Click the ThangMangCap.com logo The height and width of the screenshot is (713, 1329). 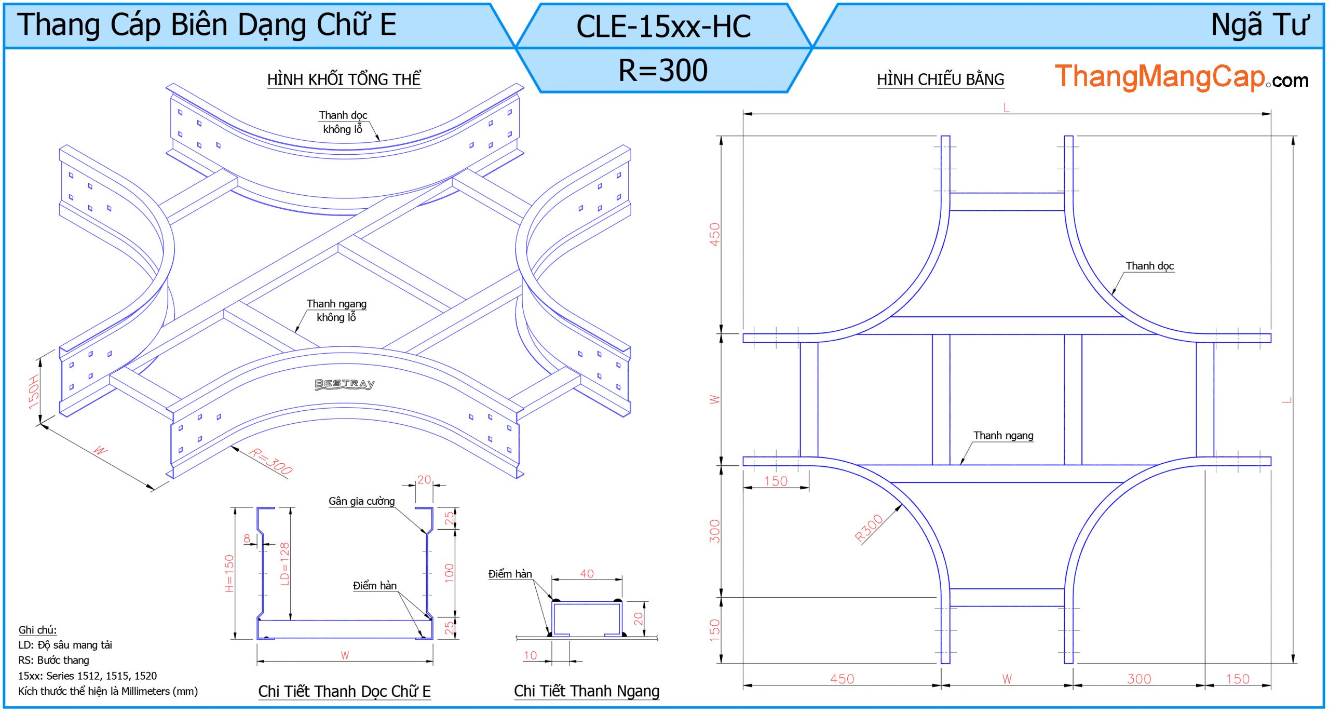pyautogui.click(x=1181, y=77)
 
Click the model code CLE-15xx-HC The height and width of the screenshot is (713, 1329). pyautogui.click(x=663, y=26)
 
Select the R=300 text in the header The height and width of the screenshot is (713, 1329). pyautogui.click(x=663, y=70)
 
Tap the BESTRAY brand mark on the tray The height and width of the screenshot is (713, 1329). pyautogui.click(x=345, y=384)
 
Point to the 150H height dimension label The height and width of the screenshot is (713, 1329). pyautogui.click(x=34, y=392)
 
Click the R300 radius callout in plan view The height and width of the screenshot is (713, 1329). pyautogui.click(x=869, y=528)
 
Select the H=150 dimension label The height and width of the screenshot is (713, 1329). pyautogui.click(x=229, y=573)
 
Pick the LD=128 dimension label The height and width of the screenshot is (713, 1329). pyautogui.click(x=284, y=563)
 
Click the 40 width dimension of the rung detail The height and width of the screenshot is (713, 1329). pyautogui.click(x=587, y=573)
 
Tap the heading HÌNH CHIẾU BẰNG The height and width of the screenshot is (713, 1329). pyautogui.click(x=940, y=80)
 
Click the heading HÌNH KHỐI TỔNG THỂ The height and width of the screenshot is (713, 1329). pyautogui.click(x=344, y=80)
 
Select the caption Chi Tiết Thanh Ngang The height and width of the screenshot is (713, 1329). pyautogui.click(x=587, y=691)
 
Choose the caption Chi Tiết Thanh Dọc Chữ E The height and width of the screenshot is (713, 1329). pyautogui.click(x=344, y=692)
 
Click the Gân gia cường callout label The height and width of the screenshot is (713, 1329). pyautogui.click(x=361, y=501)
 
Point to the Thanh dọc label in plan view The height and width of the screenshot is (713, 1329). pyautogui.click(x=1149, y=266)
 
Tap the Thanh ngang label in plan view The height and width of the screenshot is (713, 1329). pyautogui.click(x=1003, y=436)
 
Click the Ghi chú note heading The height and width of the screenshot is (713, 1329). pyautogui.click(x=37, y=630)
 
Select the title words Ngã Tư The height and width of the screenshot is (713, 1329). pyautogui.click(x=1259, y=25)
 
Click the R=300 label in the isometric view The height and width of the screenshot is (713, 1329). pyautogui.click(x=270, y=461)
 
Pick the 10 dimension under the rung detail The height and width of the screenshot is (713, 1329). pyautogui.click(x=530, y=655)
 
